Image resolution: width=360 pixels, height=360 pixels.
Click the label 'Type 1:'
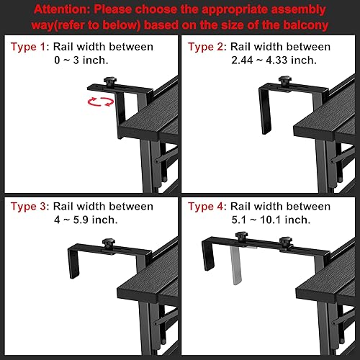[29, 47]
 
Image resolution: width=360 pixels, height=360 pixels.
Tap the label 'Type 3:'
[29, 207]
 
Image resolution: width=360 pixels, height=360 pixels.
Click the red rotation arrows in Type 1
[100, 102]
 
